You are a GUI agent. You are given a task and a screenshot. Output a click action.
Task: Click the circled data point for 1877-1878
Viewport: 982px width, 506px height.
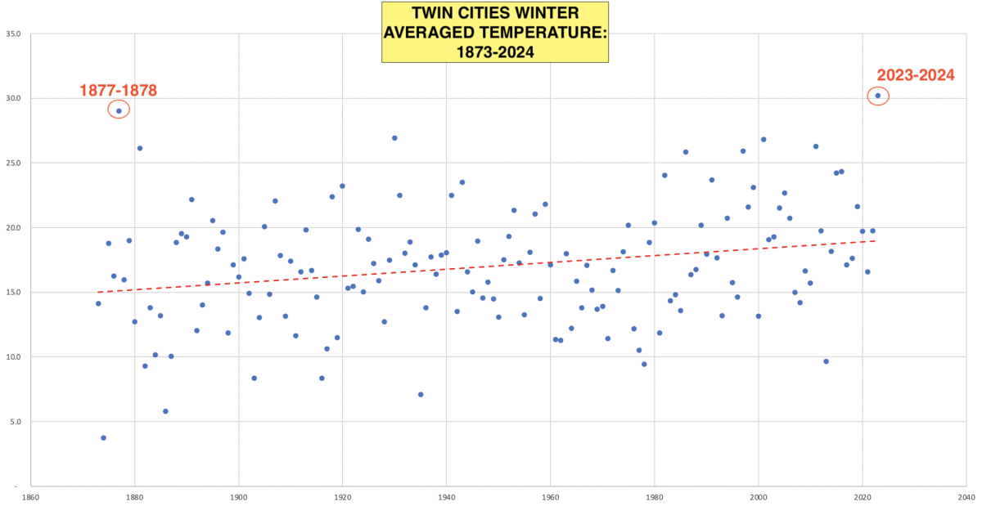(119, 110)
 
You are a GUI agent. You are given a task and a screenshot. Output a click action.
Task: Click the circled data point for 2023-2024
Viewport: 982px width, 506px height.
(878, 96)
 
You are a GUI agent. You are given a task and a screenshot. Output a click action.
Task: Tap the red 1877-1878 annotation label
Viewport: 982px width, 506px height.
(118, 90)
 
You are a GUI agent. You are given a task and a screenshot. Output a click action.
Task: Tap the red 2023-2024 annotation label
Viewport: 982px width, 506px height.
(916, 75)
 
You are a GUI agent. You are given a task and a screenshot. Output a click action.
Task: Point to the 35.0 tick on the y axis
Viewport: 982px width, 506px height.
(12, 34)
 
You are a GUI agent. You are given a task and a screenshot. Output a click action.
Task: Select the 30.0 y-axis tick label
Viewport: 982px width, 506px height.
(12, 99)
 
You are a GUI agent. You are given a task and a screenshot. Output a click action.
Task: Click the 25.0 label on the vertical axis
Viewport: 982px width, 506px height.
(12, 163)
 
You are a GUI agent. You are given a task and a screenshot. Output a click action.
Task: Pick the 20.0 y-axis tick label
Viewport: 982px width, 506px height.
(12, 228)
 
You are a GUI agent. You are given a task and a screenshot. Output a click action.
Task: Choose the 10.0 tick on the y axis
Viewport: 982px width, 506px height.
(12, 357)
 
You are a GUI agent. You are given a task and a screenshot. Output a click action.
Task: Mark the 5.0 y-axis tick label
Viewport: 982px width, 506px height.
(15, 422)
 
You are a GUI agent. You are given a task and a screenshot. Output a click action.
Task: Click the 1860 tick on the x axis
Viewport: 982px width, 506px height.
(30, 496)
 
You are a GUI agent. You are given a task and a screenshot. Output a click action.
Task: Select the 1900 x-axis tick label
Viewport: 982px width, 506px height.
(238, 496)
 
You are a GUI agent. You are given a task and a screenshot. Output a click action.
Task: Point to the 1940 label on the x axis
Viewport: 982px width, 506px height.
(446, 496)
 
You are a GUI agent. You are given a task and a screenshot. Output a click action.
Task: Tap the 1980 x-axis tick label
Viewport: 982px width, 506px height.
(654, 496)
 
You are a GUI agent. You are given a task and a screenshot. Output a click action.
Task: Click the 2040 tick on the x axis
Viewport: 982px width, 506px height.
(966, 496)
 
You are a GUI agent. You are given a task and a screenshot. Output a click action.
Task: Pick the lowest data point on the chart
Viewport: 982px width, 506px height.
(103, 437)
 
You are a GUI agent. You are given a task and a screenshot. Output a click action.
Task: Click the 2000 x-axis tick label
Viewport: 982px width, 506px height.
(758, 496)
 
